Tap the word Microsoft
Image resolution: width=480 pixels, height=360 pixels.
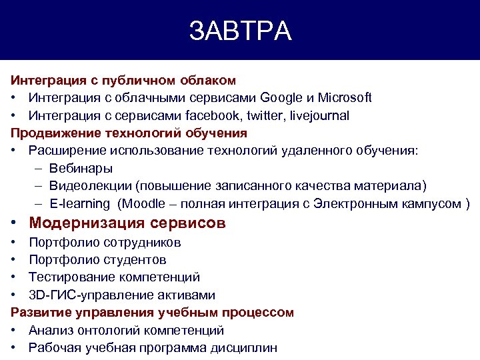[345, 98]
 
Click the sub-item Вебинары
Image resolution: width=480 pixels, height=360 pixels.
[81, 168]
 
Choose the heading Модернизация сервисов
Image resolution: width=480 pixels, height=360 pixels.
[127, 223]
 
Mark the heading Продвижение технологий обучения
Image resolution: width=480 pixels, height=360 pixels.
[129, 133]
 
